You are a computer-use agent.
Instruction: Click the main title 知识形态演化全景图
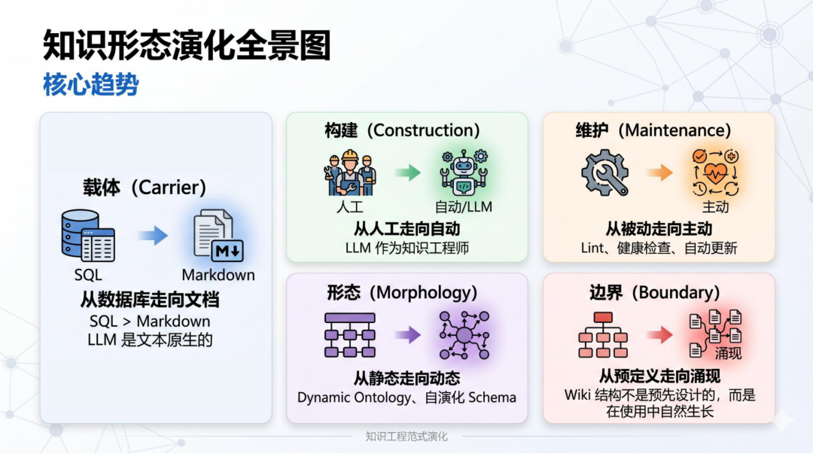click(x=187, y=45)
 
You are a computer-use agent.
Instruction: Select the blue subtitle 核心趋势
click(x=91, y=84)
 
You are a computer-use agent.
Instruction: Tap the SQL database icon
click(x=88, y=236)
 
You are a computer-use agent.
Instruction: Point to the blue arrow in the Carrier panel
click(x=153, y=236)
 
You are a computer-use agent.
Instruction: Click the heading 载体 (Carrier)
click(x=145, y=187)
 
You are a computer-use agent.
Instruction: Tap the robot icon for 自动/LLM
click(x=464, y=172)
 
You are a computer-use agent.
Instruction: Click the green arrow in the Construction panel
click(x=407, y=172)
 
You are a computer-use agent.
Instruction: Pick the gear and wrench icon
click(x=604, y=172)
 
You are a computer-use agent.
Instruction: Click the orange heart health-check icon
click(x=716, y=172)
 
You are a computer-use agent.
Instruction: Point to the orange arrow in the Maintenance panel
click(x=660, y=172)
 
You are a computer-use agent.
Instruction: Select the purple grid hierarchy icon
click(x=350, y=335)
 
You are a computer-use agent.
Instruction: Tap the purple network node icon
click(x=464, y=335)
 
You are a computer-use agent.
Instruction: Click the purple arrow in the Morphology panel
click(x=407, y=335)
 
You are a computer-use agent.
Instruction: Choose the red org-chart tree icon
click(x=603, y=334)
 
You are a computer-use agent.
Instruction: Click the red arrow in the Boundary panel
click(x=660, y=334)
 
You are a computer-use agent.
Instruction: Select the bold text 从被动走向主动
click(x=659, y=229)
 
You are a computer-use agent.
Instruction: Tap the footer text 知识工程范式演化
click(x=406, y=437)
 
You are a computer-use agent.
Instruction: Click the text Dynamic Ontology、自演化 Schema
click(x=406, y=398)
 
